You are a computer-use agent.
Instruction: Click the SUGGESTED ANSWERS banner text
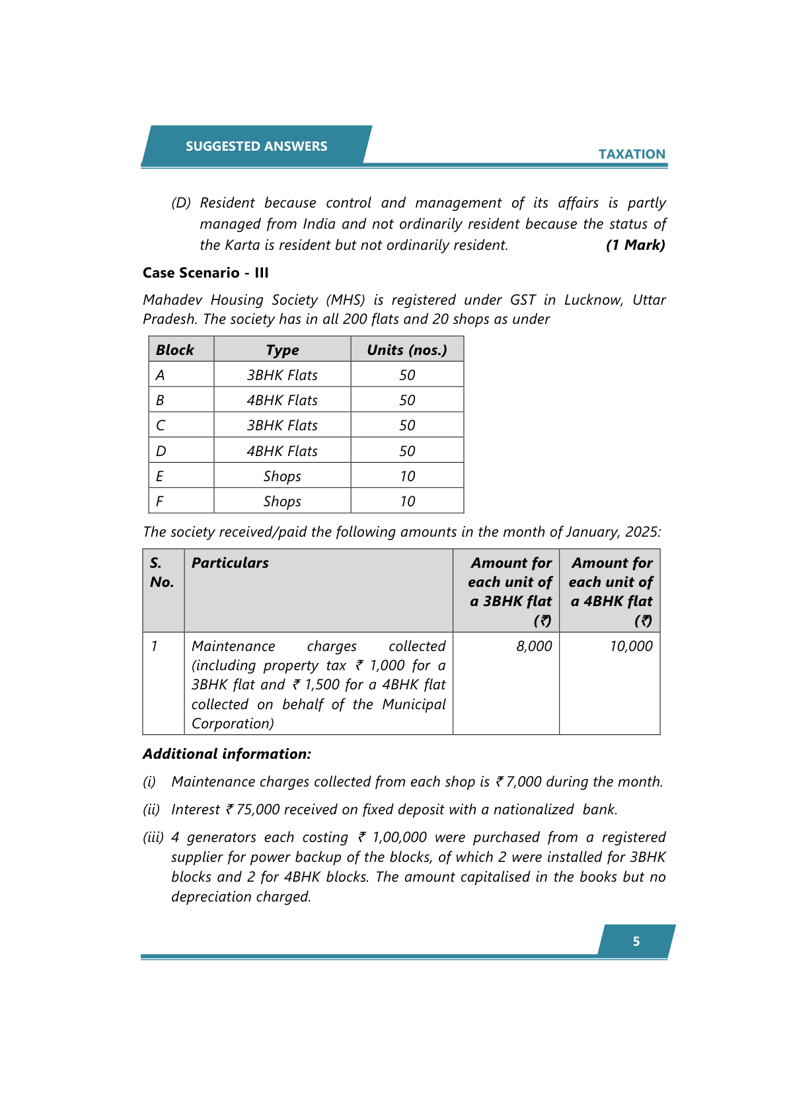pyautogui.click(x=256, y=146)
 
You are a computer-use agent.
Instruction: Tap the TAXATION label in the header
pyautogui.click(x=632, y=154)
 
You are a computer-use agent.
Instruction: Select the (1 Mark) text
pyautogui.click(x=635, y=245)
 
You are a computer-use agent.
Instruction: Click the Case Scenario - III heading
pyautogui.click(x=206, y=273)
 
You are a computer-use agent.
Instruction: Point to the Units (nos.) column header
pyautogui.click(x=406, y=350)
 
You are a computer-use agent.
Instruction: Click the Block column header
pyautogui.click(x=175, y=350)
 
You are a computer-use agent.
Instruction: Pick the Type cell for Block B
pyautogui.click(x=282, y=401)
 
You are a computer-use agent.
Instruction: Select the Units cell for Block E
pyautogui.click(x=407, y=477)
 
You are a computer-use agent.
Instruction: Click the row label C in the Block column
pyautogui.click(x=161, y=426)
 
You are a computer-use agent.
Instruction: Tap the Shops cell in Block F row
pyautogui.click(x=282, y=502)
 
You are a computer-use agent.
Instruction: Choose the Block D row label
pyautogui.click(x=161, y=451)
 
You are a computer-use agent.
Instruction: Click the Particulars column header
pyautogui.click(x=230, y=563)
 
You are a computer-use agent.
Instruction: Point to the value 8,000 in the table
pyautogui.click(x=534, y=646)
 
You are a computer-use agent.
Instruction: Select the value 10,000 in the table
pyautogui.click(x=630, y=646)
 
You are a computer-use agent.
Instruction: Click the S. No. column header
pyautogui.click(x=161, y=572)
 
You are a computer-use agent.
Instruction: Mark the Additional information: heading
pyautogui.click(x=227, y=754)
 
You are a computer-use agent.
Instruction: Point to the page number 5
pyautogui.click(x=636, y=941)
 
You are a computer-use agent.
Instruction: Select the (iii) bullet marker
pyautogui.click(x=153, y=837)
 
